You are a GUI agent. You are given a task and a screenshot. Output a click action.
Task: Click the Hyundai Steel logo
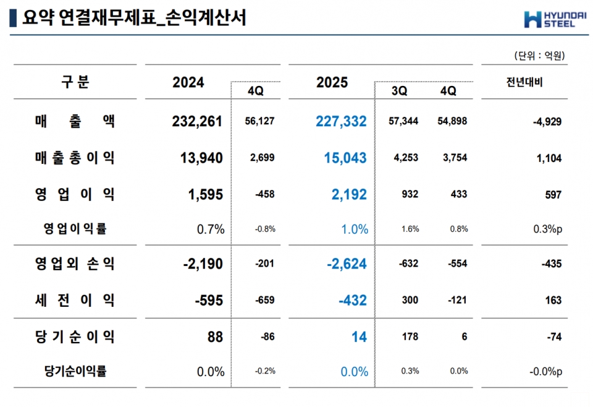click(x=549, y=19)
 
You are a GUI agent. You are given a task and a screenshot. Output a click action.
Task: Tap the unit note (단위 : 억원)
click(x=539, y=56)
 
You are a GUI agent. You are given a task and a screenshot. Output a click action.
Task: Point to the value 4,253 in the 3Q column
click(x=405, y=158)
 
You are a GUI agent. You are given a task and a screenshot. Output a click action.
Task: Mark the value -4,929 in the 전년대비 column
click(x=547, y=122)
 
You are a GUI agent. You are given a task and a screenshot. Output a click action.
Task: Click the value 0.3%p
click(x=547, y=229)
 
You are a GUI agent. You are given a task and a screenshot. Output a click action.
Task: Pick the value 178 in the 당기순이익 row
click(x=410, y=337)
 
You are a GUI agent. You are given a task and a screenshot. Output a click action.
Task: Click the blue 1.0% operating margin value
click(x=355, y=229)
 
